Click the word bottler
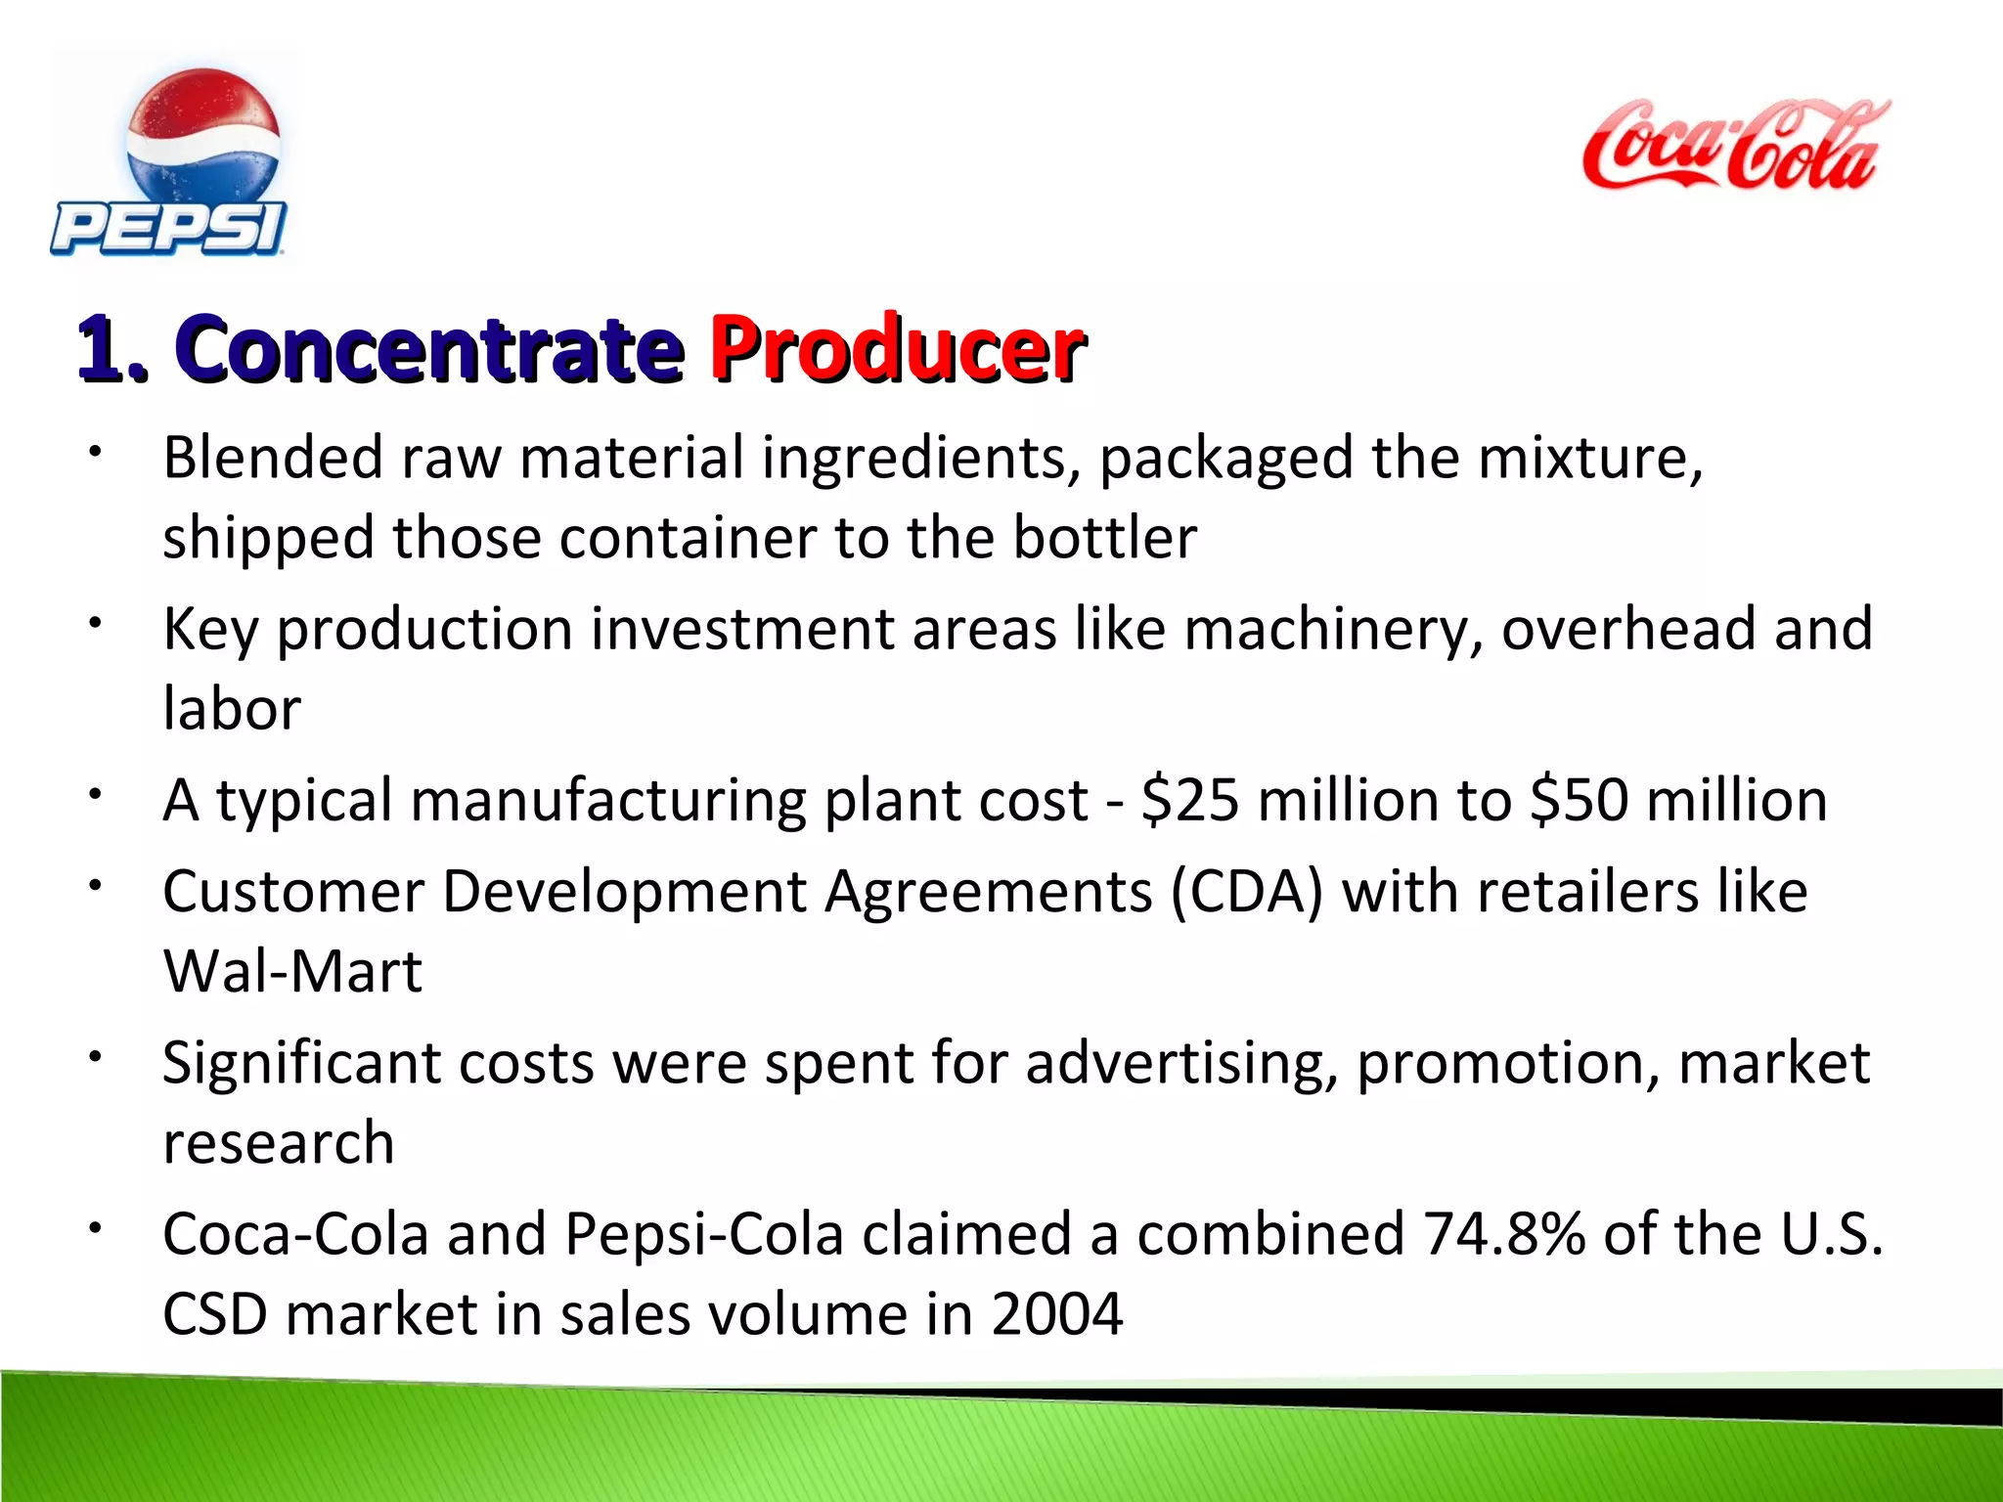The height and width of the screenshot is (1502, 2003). [1104, 538]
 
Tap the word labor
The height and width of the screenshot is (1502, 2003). [232, 709]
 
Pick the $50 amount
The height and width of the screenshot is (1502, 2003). [1580, 800]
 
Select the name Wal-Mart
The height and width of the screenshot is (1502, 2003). [292, 972]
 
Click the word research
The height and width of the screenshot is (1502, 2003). [279, 1143]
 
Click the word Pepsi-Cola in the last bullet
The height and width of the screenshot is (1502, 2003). [704, 1234]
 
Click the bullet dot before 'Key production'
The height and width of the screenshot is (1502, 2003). [95, 623]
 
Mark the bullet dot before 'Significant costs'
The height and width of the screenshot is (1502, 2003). [95, 1057]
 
